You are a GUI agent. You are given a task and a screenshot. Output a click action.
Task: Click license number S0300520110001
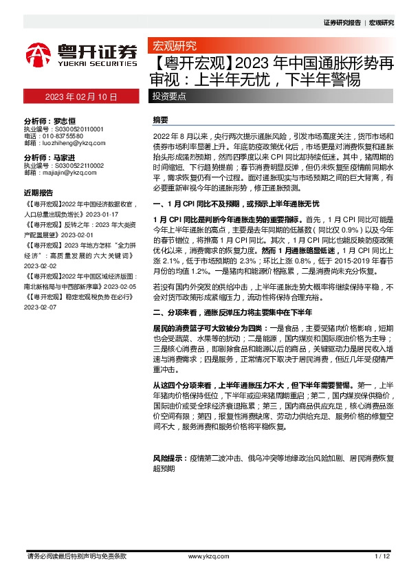(x=74, y=129)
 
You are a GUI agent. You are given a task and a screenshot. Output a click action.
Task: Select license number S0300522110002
(x=74, y=166)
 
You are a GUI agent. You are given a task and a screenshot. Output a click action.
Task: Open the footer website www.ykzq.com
(x=203, y=556)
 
